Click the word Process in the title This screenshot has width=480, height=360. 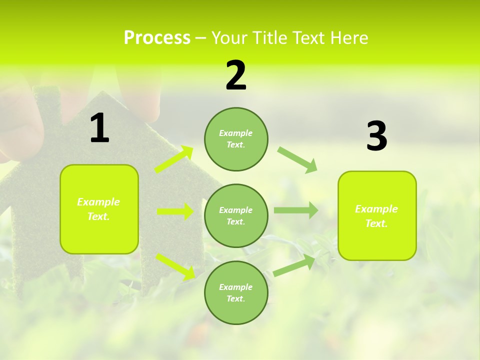[x=157, y=38]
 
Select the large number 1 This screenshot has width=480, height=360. [x=99, y=129]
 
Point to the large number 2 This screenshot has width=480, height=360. [x=236, y=76]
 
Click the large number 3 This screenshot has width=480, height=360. [x=376, y=136]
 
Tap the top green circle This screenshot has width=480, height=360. [x=236, y=139]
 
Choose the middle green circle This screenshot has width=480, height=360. [x=236, y=215]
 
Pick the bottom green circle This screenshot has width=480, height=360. [x=236, y=292]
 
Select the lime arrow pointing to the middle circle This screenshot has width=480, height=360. [x=175, y=211]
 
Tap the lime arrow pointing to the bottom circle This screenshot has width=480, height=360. [x=175, y=266]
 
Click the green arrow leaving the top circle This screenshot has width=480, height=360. [x=297, y=159]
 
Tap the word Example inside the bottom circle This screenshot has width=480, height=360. [x=235, y=287]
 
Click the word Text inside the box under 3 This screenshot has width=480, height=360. [x=375, y=223]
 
